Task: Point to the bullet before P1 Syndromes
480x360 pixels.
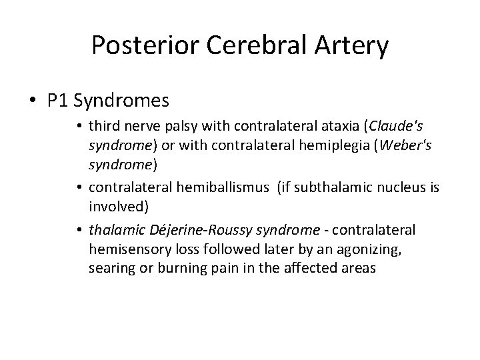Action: coord(33,101)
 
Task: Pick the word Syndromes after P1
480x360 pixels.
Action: coord(122,101)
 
